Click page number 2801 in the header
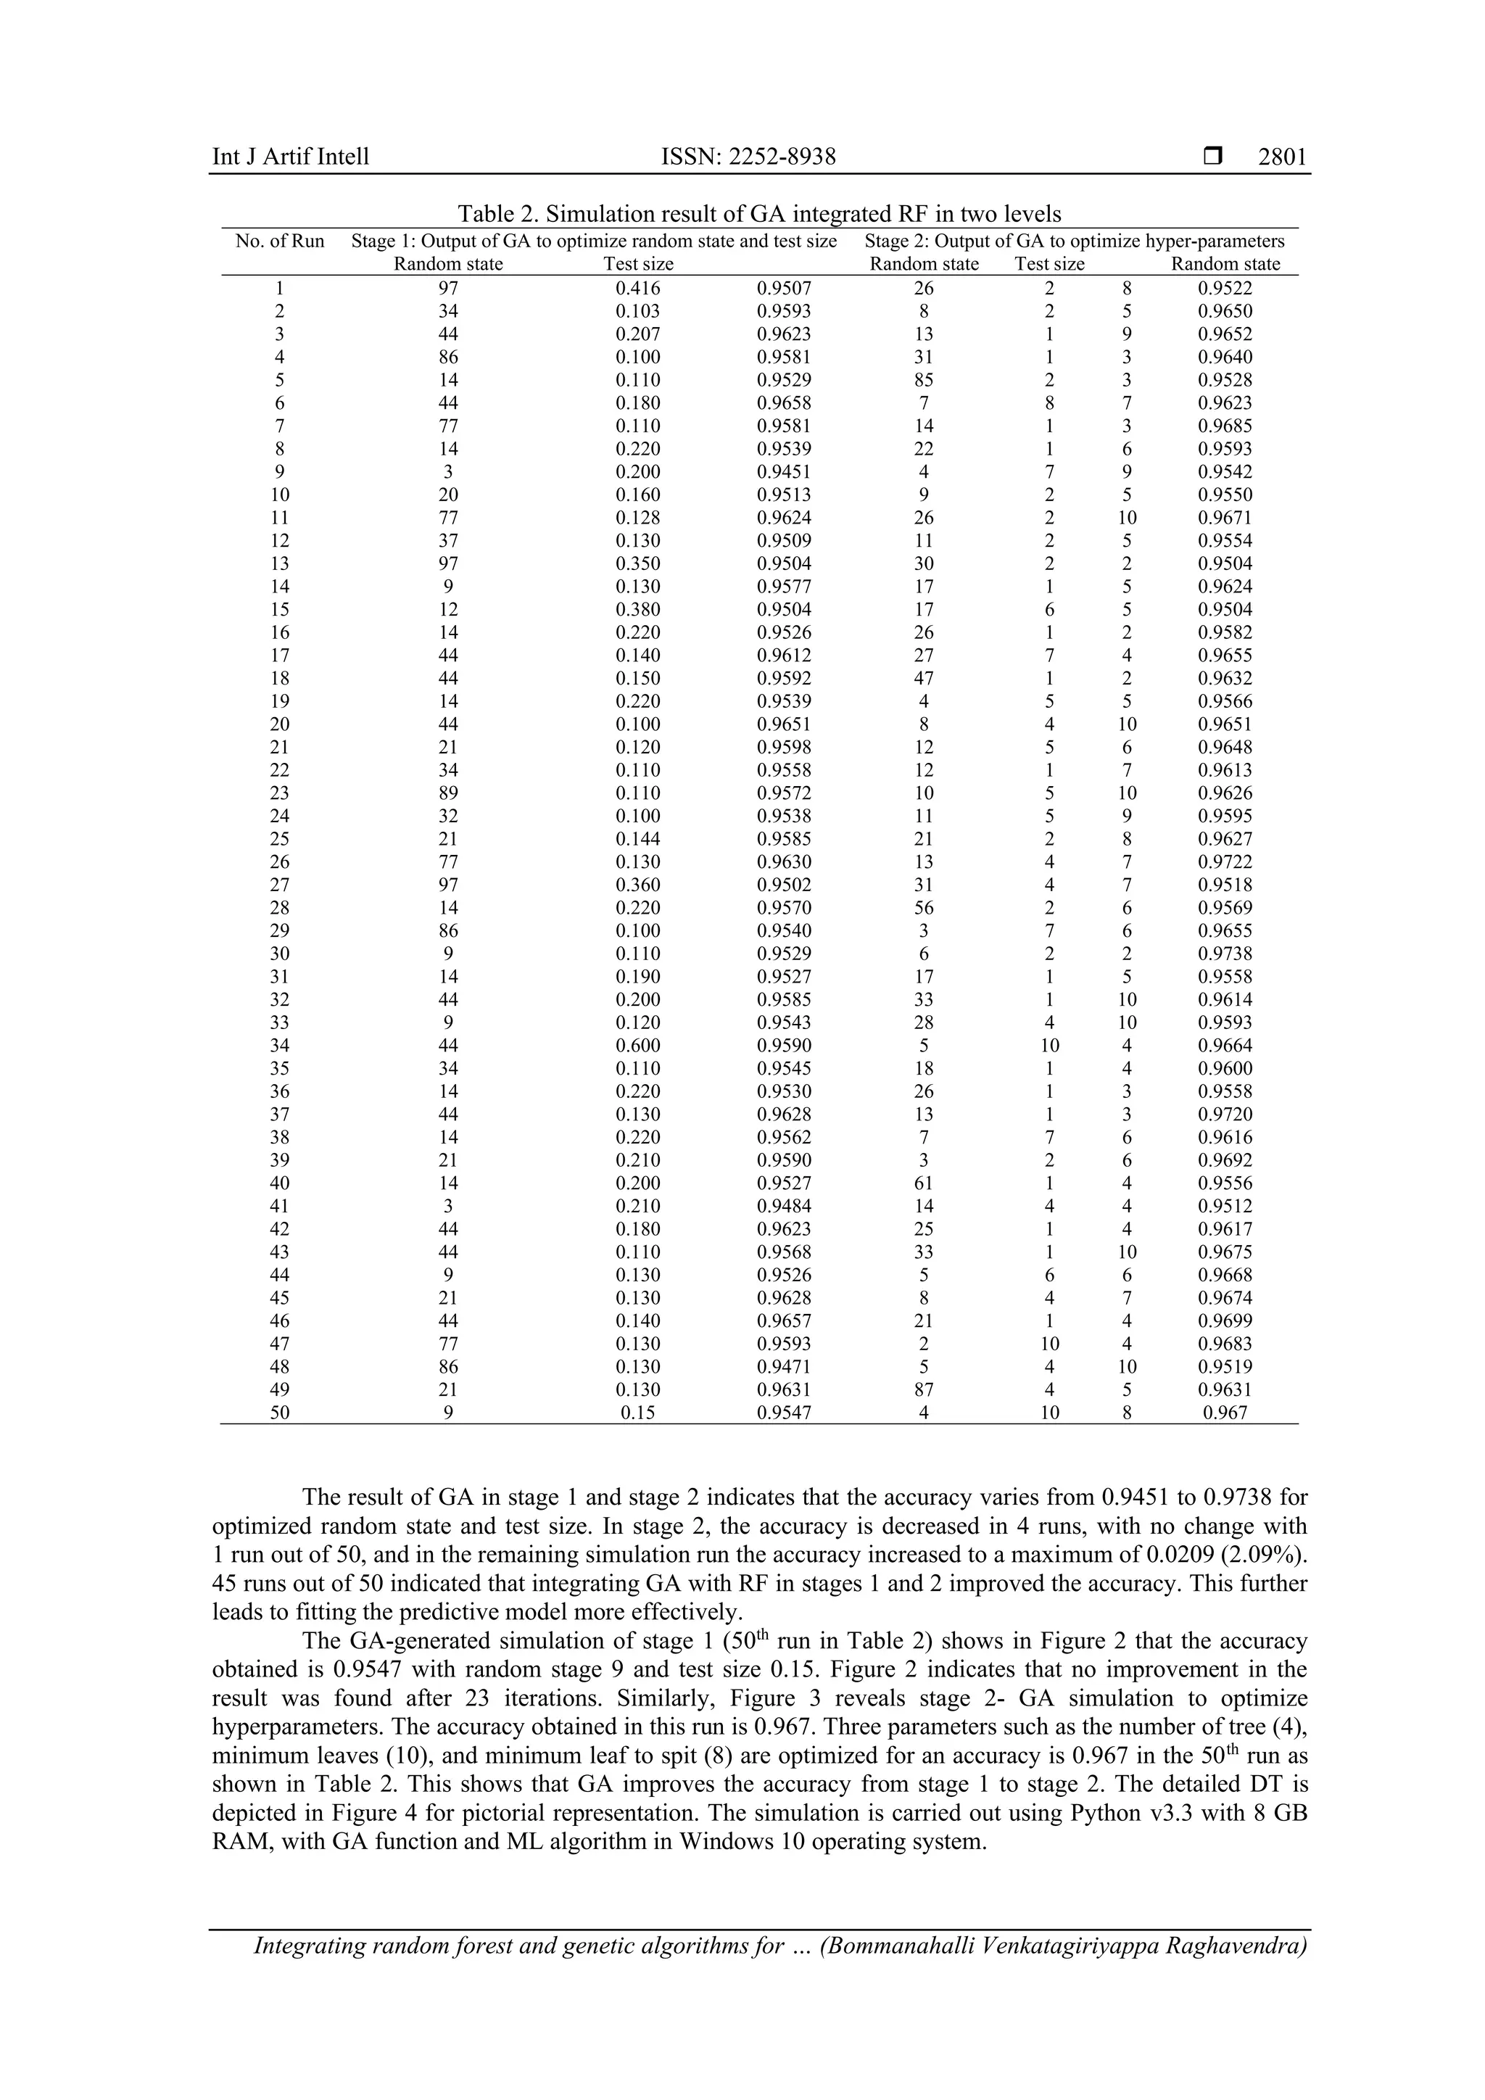[1282, 157]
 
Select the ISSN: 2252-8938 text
[748, 157]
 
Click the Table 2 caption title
[759, 214]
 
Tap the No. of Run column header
[280, 241]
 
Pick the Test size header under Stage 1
[638, 265]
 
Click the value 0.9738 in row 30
[1225, 954]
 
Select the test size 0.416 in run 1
[638, 288]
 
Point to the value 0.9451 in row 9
[784, 472]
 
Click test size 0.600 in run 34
[638, 1046]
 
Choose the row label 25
[280, 839]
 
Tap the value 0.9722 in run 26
[1225, 861]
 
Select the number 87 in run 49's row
[924, 1390]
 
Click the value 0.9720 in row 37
[1225, 1114]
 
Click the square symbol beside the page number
[1212, 157]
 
